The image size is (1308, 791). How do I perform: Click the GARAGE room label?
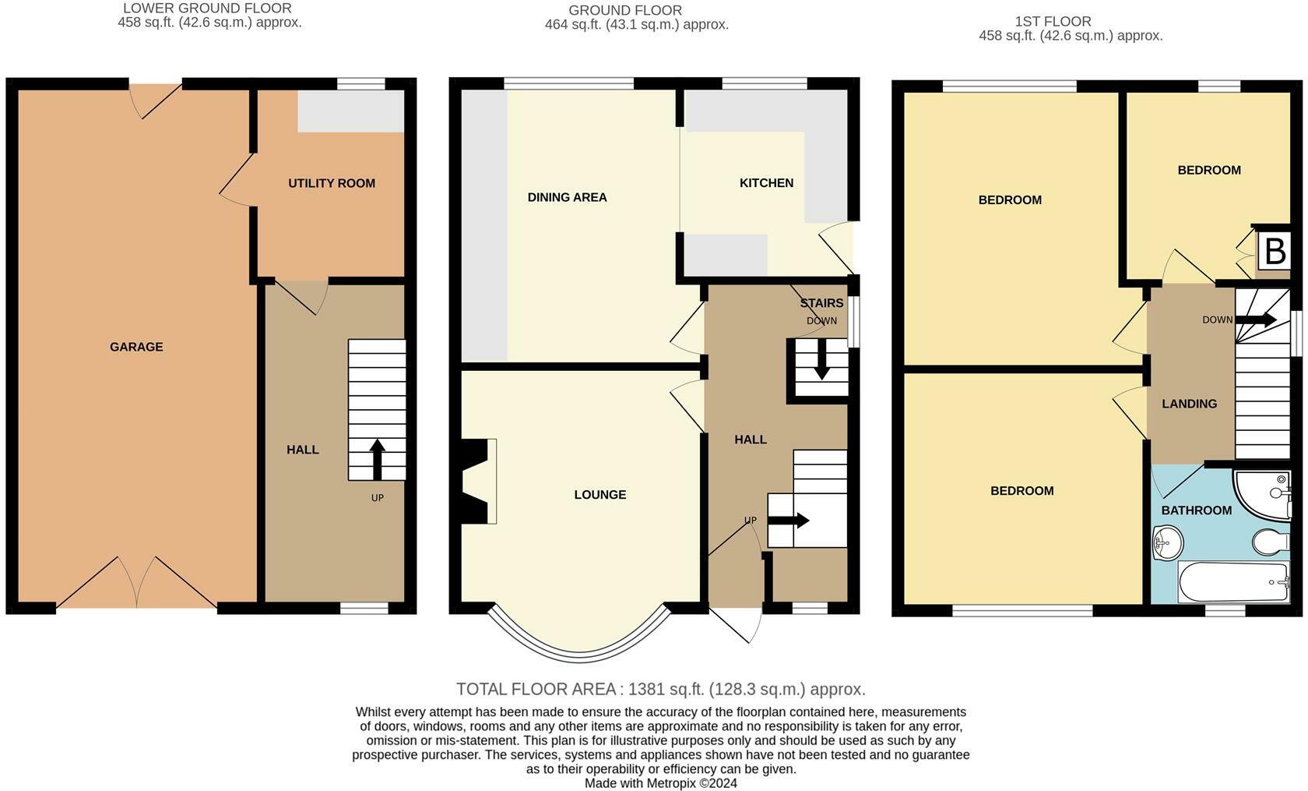(x=136, y=347)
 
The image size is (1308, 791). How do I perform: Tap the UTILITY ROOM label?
(x=332, y=183)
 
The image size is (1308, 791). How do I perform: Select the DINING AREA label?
(x=567, y=198)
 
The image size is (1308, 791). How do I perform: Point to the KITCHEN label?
(x=766, y=183)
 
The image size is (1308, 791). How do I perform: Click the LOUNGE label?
(x=599, y=495)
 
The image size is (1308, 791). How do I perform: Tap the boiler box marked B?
(x=1274, y=252)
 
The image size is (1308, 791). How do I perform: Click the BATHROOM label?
(x=1197, y=510)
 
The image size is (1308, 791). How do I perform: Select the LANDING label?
(x=1190, y=404)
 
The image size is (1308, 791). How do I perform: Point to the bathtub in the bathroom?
(x=1233, y=581)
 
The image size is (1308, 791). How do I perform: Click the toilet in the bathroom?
(x=1271, y=542)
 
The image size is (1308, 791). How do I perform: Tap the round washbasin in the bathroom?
(x=1168, y=543)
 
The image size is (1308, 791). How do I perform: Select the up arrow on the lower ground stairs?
(x=377, y=460)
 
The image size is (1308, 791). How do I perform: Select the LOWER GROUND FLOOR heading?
(x=207, y=9)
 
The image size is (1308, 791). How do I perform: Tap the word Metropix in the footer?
(x=671, y=783)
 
